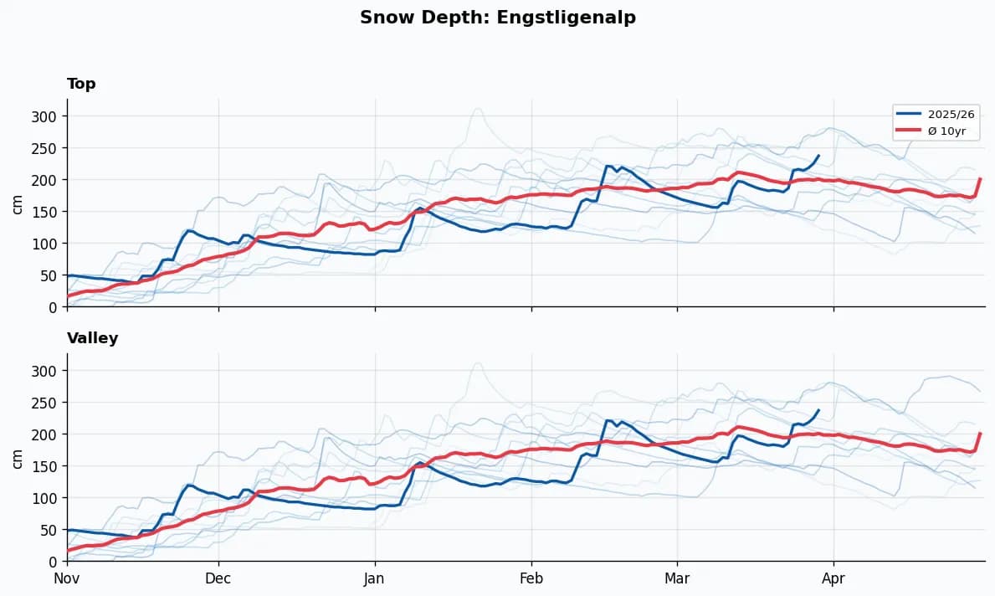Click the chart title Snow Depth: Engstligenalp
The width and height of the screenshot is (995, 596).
tap(497, 18)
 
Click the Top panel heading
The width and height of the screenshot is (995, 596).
tap(81, 84)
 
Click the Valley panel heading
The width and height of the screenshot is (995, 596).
tap(92, 338)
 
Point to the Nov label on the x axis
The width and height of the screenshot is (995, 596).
tap(67, 578)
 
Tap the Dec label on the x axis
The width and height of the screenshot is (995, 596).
tap(218, 578)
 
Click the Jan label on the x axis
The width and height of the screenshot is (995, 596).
tap(375, 578)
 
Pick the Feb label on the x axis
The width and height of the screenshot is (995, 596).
tap(531, 578)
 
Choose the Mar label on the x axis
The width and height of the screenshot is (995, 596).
tap(677, 578)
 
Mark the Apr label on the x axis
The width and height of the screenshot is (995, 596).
tap(833, 578)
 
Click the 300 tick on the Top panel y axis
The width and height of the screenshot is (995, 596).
tap(44, 116)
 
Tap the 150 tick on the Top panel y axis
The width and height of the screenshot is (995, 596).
tap(44, 212)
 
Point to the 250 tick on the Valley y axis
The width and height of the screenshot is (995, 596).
tap(44, 403)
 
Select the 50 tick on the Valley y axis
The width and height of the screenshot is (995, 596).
tap(47, 530)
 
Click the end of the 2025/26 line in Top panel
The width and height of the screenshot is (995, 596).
tap(818, 155)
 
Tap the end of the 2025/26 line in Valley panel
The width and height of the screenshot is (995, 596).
tap(818, 409)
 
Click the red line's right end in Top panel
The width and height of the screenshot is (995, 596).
tap(980, 178)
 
